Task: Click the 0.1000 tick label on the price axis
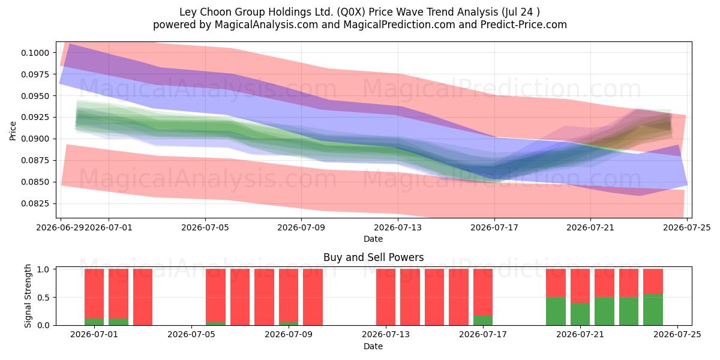[35, 53]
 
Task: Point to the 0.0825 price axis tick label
[35, 204]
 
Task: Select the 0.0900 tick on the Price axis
[35, 139]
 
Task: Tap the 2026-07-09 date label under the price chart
[301, 227]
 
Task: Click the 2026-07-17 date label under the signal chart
[483, 335]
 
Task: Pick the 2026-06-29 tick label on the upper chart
[61, 227]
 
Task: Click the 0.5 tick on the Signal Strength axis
[43, 298]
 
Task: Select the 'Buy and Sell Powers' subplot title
[373, 257]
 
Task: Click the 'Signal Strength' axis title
[28, 296]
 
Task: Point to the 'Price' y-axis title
[13, 131]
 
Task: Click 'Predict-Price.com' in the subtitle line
[524, 25]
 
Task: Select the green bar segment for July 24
[653, 310]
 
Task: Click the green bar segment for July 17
[483, 320]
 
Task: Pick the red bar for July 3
[143, 297]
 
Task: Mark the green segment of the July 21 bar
[580, 314]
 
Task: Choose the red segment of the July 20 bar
[556, 283]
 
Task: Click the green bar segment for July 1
[94, 322]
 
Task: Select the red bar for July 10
[313, 297]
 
